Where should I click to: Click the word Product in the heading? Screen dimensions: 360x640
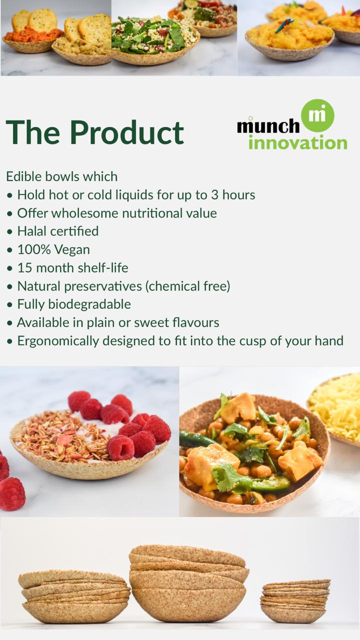(x=127, y=132)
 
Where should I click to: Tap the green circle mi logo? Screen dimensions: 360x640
(x=317, y=115)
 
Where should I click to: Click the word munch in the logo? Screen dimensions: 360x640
(x=268, y=125)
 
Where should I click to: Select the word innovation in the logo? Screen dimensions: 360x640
(x=297, y=142)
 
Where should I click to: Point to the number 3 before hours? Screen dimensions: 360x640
(x=215, y=195)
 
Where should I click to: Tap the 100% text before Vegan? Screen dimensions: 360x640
(x=34, y=249)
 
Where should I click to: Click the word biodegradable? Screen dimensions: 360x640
(x=89, y=304)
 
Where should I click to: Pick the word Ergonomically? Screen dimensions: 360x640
(x=58, y=341)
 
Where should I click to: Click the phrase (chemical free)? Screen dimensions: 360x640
(x=187, y=286)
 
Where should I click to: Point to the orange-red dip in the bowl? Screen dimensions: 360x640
(x=33, y=35)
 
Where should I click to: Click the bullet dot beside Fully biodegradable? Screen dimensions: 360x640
(x=10, y=305)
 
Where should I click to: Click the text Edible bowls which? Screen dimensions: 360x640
(x=61, y=176)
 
